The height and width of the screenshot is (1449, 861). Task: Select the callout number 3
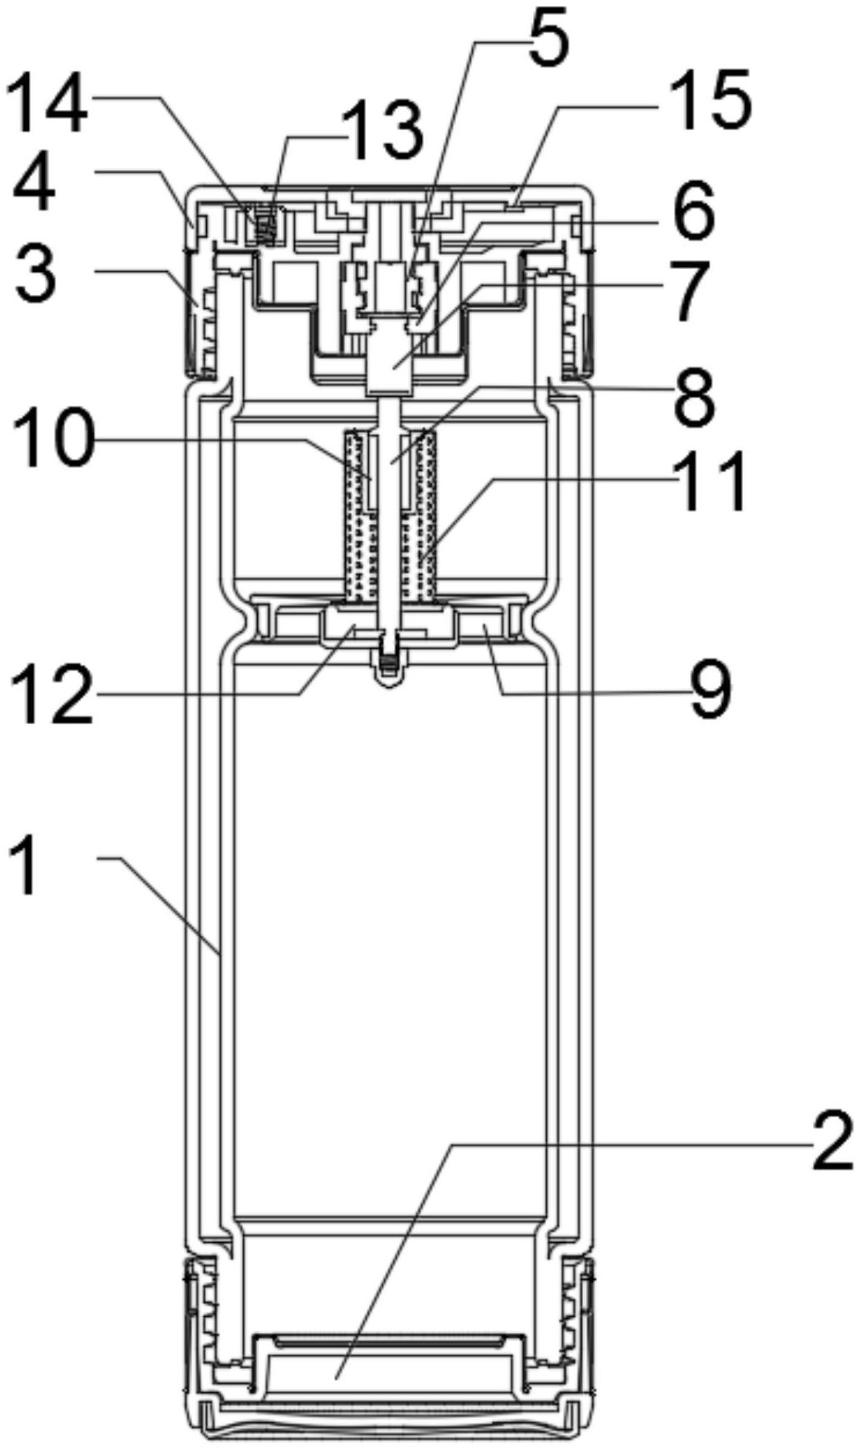35,274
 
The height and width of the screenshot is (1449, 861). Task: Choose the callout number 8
694,399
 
